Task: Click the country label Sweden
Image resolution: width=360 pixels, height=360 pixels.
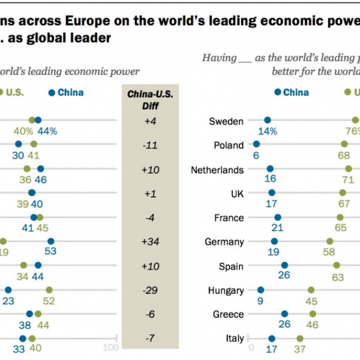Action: point(226,121)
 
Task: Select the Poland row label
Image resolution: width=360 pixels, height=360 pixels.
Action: point(229,145)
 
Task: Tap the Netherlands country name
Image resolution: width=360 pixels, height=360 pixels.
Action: point(217,170)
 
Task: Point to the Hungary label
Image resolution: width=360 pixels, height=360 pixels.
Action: point(226,290)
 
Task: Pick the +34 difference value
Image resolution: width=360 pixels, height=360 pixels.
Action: point(150,242)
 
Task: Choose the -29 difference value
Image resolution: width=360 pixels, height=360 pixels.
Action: point(150,290)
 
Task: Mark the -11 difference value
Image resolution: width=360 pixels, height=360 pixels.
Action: point(150,145)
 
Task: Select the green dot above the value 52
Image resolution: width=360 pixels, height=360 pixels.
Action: point(49,289)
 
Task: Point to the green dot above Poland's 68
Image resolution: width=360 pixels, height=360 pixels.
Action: point(344,144)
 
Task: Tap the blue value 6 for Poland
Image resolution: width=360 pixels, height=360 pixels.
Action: point(256,156)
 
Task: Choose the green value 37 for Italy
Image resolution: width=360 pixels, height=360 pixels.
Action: point(299,349)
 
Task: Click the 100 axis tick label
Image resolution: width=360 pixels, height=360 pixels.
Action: point(111,348)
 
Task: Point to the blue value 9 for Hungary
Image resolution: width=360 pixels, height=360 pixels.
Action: point(260,301)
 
